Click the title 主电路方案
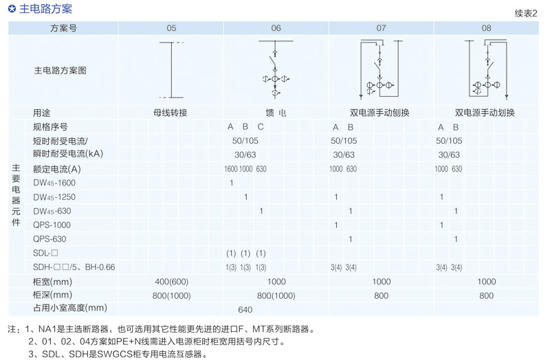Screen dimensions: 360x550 click(45, 10)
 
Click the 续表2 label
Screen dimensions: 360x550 click(526, 14)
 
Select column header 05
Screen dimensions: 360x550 click(171, 28)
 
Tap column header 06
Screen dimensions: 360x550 click(276, 28)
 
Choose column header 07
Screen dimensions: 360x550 click(381, 28)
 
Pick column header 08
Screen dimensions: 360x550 click(486, 28)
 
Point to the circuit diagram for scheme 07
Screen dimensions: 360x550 click(380, 69)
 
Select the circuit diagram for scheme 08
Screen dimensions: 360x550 click(486, 69)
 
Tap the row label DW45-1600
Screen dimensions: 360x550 click(54, 183)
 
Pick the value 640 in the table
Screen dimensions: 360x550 click(245, 309)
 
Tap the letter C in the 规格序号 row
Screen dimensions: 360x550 click(261, 127)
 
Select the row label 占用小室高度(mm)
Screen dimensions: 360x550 click(71, 309)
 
